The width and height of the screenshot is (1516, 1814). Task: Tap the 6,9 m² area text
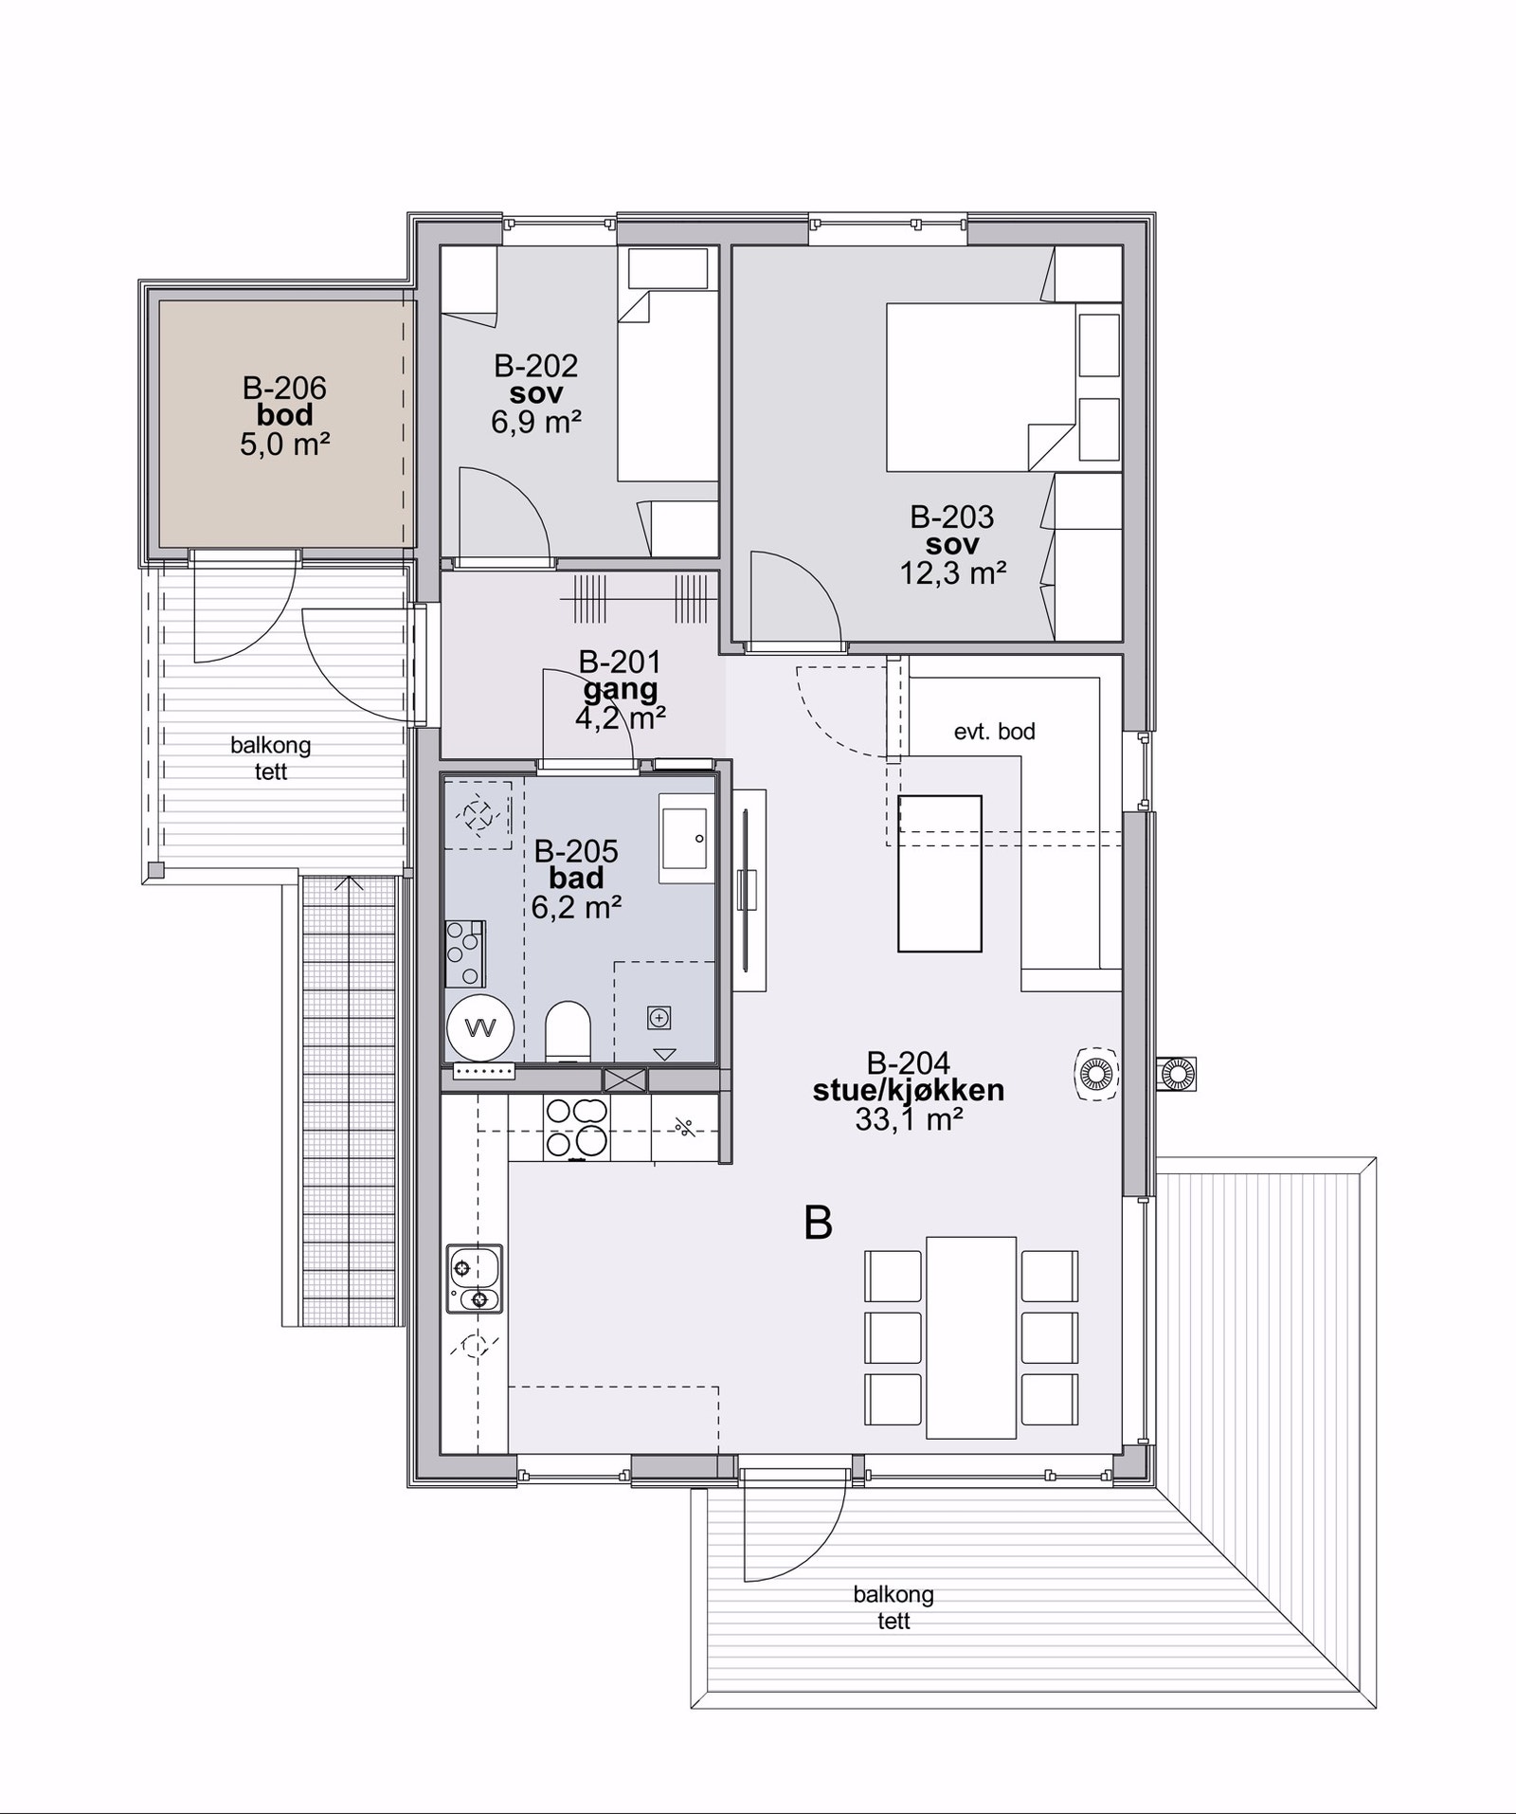pos(535,421)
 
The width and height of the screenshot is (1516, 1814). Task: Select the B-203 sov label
pos(952,531)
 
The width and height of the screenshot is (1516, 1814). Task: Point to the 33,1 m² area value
pos(909,1119)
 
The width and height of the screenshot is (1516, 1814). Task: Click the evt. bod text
pos(994,732)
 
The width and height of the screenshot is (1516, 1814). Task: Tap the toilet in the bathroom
pos(568,1031)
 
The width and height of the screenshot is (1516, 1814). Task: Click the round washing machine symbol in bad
pos(480,1027)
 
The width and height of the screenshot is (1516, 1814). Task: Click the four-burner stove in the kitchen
pos(576,1127)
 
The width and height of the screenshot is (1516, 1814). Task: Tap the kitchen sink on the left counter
pos(475,1279)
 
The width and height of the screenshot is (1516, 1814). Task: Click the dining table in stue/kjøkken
pos(971,1337)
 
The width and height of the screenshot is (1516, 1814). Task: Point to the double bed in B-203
pos(982,387)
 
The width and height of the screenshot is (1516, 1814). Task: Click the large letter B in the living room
pos(818,1223)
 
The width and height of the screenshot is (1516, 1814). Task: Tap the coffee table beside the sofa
pos(940,873)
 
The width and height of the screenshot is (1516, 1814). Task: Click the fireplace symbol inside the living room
pos(1096,1074)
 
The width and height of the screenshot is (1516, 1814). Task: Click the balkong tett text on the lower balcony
pos(893,1607)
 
